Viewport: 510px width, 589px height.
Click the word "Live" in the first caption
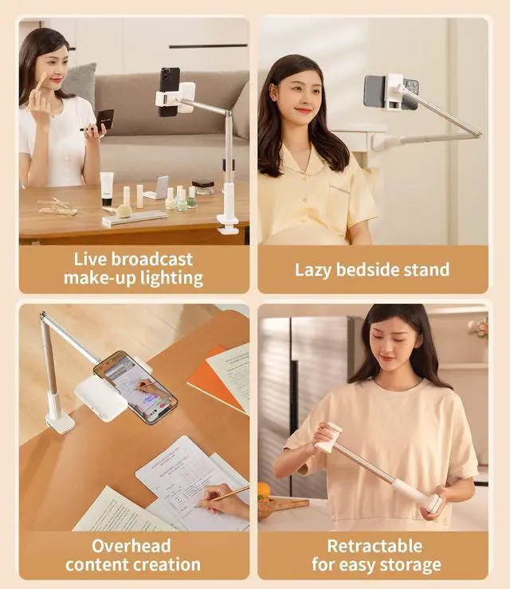pos(90,259)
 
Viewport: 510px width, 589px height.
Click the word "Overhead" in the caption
pos(131,546)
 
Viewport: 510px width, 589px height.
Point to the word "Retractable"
pos(375,546)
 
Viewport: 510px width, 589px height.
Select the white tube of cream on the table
pos(106,188)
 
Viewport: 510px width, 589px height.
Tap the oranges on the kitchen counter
pos(264,491)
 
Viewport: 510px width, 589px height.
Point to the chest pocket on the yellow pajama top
pos(341,199)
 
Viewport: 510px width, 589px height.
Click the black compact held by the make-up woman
pos(104,120)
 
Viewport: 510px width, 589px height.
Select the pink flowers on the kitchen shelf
pos(478,327)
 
